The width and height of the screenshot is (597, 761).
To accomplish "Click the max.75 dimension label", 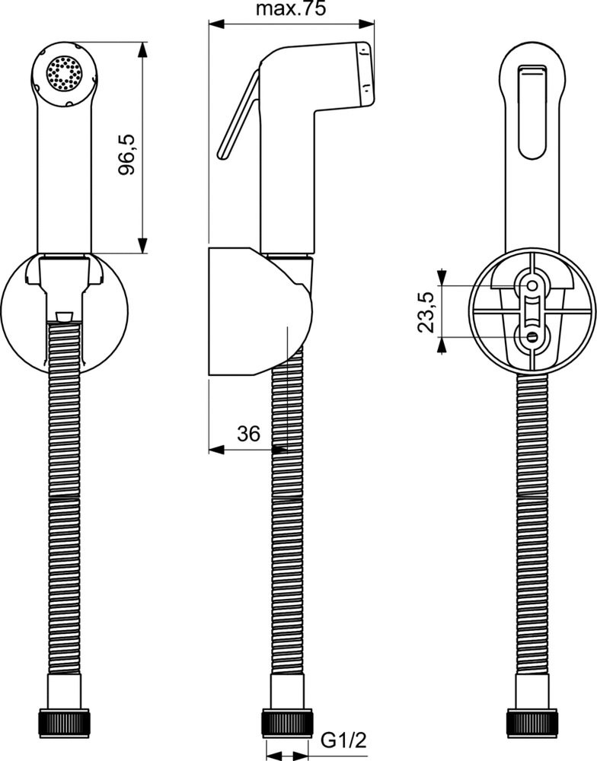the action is [x=291, y=9].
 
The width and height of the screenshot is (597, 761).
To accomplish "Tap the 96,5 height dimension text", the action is [x=126, y=154].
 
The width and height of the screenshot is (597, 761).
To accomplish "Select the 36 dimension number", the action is [x=249, y=434].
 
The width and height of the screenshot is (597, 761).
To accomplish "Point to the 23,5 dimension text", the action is [x=426, y=312].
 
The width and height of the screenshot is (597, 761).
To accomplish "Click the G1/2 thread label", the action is [x=343, y=740].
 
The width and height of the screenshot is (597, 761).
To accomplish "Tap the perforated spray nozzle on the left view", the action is [x=64, y=73].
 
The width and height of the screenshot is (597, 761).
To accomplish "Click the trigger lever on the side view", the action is [x=238, y=115].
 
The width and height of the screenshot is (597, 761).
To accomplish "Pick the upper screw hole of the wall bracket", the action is [x=532, y=286].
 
